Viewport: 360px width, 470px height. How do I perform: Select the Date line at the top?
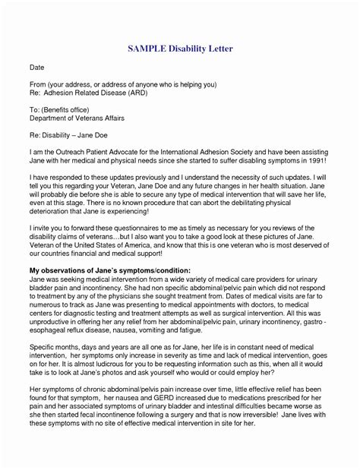36,68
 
